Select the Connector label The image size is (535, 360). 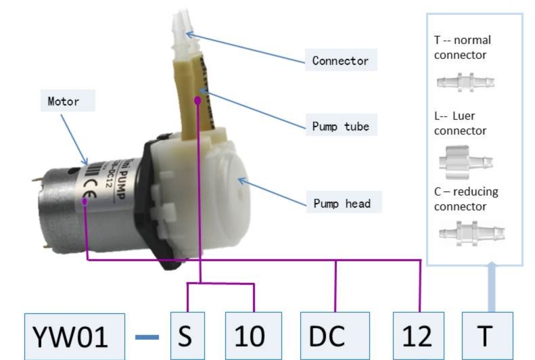pyautogui.click(x=340, y=61)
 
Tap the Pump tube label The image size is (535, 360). pyautogui.click(x=341, y=127)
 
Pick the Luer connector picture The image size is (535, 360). pyautogui.click(x=465, y=161)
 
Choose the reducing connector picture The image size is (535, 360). pyautogui.click(x=463, y=233)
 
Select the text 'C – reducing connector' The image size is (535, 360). pyautogui.click(x=466, y=198)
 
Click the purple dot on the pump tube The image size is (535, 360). pyautogui.click(x=197, y=99)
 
